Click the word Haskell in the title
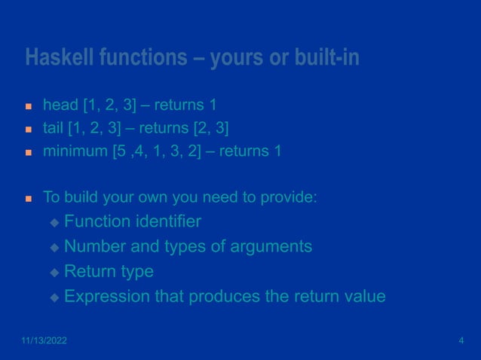tap(58, 57)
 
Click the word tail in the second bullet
tap(53, 127)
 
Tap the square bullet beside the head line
tap(29, 104)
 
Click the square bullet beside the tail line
tap(29, 128)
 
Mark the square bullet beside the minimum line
tap(29, 152)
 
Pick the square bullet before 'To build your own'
tap(29, 200)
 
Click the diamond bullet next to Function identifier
tap(54, 223)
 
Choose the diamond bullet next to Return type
tap(54, 273)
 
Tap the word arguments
tap(272, 246)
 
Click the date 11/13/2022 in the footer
tap(43, 341)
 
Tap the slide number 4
tap(461, 341)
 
